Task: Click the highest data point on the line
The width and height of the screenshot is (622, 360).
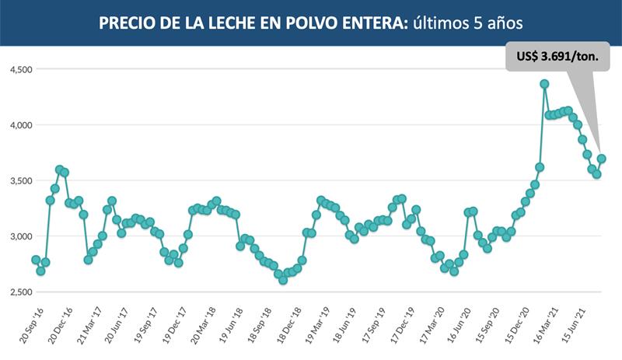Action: coord(544,84)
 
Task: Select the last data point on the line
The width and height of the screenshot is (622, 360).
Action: coord(601,159)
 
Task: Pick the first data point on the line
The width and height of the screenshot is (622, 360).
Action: coord(36,260)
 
